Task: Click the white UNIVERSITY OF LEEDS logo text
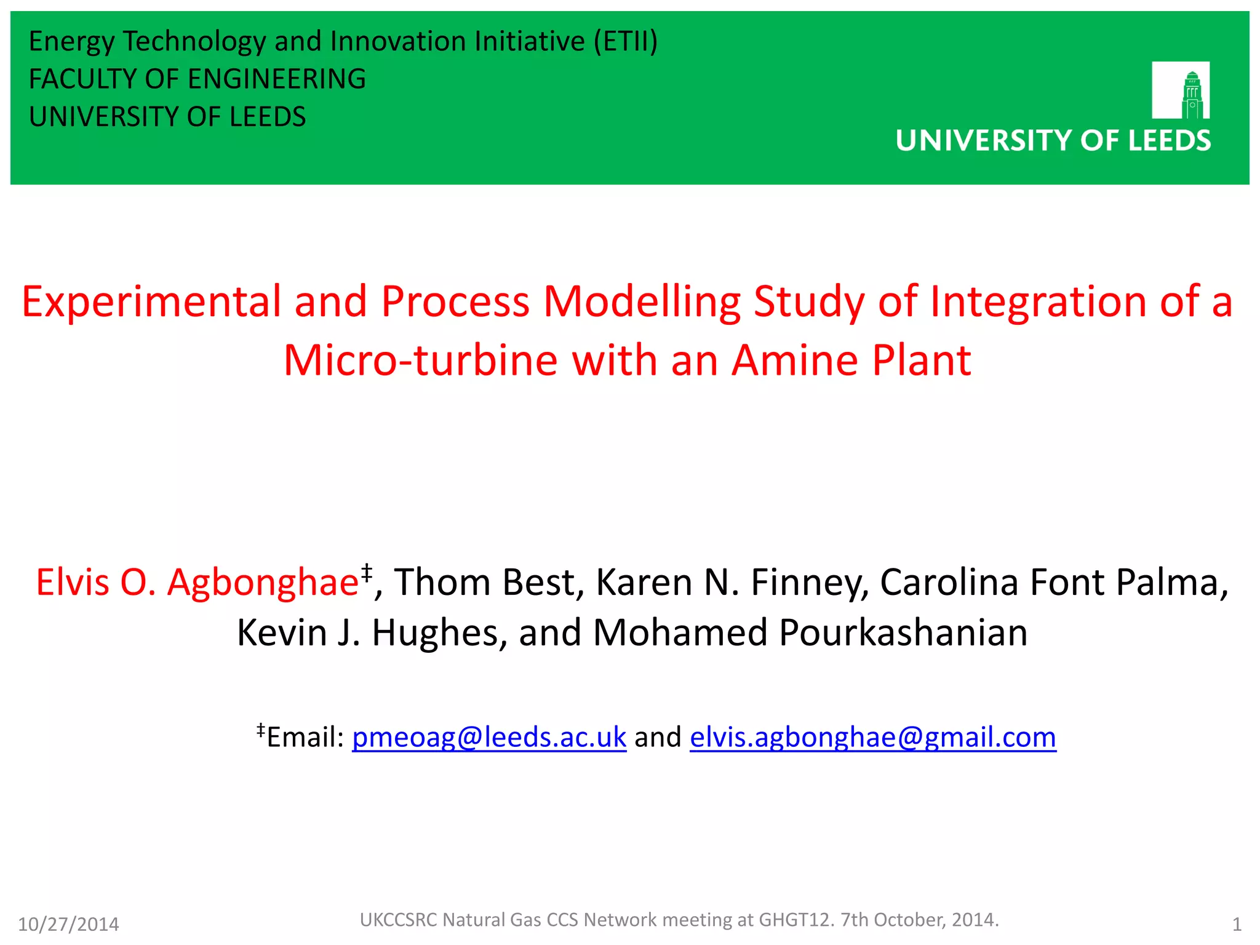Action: (x=1053, y=141)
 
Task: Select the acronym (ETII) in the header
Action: (x=626, y=41)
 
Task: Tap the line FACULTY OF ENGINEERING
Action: (x=197, y=79)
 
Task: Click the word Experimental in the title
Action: (x=151, y=302)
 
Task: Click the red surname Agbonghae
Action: (x=263, y=582)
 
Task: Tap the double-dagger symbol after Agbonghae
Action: (x=367, y=572)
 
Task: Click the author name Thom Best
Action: (x=489, y=582)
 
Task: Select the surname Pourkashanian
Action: (x=903, y=632)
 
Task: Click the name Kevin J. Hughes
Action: (x=372, y=632)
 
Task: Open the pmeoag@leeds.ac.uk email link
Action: (x=489, y=737)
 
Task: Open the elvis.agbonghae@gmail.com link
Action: (x=872, y=737)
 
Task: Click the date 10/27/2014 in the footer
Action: (x=68, y=924)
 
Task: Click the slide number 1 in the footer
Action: (x=1237, y=924)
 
